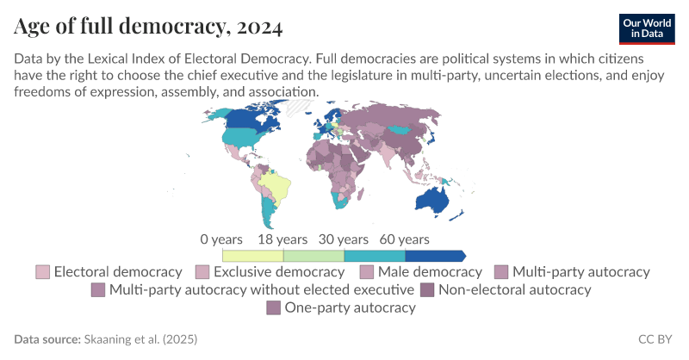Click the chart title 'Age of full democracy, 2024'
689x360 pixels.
[148, 27]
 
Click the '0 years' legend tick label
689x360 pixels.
[222, 239]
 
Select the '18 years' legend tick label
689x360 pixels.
[282, 239]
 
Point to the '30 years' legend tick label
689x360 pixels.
[344, 239]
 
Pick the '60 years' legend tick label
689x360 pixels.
[405, 239]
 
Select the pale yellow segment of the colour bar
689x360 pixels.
[252, 256]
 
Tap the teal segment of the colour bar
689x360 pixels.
[374, 256]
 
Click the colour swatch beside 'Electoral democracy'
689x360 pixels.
[42, 272]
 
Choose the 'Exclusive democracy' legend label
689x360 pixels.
[279, 272]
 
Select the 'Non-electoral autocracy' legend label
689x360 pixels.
[515, 289]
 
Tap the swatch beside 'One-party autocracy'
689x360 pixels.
[274, 307]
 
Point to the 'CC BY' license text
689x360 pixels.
[655, 340]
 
